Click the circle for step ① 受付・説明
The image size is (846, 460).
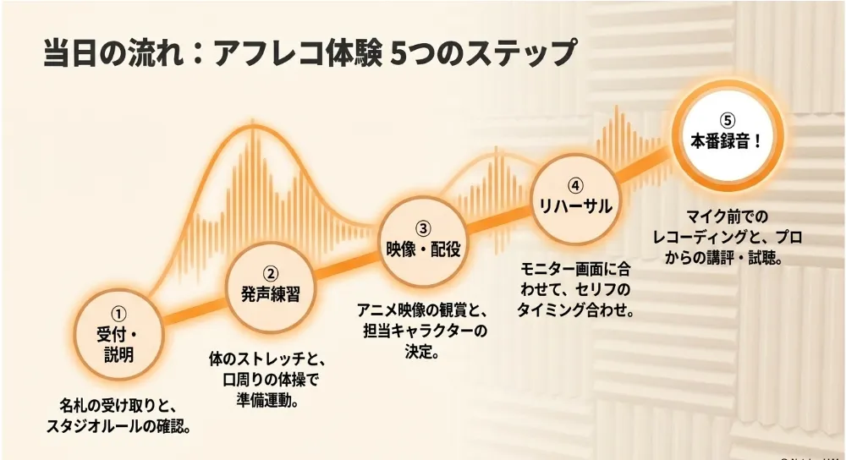[x=118, y=334]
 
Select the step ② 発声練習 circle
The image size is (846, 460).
[x=271, y=287]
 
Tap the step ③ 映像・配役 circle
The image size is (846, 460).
[x=423, y=240]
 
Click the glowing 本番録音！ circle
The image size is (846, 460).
[x=728, y=135]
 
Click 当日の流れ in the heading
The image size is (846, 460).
[x=113, y=54]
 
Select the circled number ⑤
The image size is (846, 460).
[x=728, y=120]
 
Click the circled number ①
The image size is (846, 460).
[x=118, y=314]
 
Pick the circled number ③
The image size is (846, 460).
[x=423, y=228]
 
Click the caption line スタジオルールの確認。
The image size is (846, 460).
[x=118, y=426]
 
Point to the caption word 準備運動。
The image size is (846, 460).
[x=268, y=401]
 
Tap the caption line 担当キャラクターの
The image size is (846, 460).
[x=425, y=331]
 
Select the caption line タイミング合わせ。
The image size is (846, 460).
[x=575, y=310]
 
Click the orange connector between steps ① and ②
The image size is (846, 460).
[x=195, y=310]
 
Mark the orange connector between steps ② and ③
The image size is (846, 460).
[x=347, y=264]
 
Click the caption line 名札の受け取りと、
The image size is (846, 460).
[x=118, y=406]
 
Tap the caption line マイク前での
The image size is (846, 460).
[x=727, y=216]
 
